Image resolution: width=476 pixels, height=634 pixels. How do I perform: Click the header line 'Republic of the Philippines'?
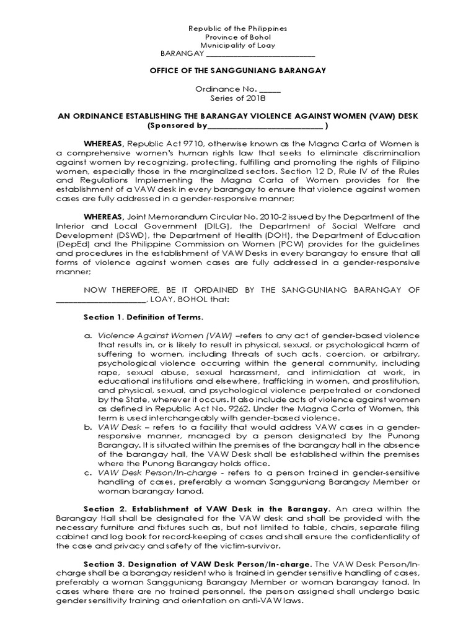pyautogui.click(x=238, y=28)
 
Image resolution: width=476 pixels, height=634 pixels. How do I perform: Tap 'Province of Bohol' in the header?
pyautogui.click(x=238, y=37)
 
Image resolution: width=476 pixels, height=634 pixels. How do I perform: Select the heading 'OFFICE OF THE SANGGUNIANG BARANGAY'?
pyautogui.click(x=238, y=71)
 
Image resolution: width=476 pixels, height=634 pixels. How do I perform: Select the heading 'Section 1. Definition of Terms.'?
pyautogui.click(x=143, y=317)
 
